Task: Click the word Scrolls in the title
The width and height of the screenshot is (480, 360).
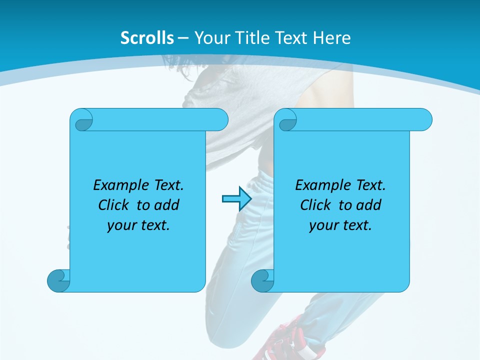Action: coord(147,38)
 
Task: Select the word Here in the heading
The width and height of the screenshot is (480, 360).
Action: coord(332,38)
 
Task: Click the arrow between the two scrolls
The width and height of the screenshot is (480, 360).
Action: coord(236,199)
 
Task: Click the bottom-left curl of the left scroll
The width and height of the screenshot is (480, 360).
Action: coord(58,280)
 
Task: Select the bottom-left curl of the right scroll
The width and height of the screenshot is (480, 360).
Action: coord(262,280)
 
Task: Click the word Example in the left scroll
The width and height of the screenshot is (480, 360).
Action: coord(122,185)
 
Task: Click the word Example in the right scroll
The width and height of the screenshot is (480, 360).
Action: coord(324,185)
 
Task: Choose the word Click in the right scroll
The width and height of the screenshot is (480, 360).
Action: coord(315,205)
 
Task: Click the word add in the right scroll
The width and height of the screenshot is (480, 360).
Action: coord(369,205)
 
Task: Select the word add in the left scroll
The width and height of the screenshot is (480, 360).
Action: coord(167,205)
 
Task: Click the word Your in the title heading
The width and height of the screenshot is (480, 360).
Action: coord(210,38)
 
